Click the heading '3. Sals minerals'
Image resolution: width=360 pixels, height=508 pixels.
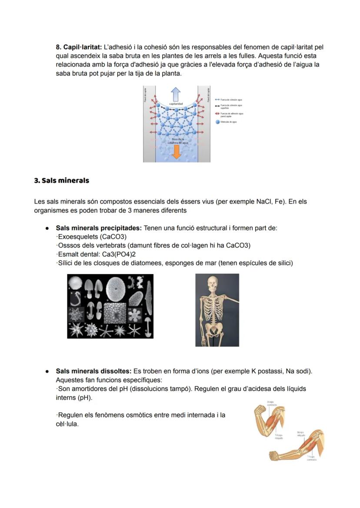[x=61, y=180]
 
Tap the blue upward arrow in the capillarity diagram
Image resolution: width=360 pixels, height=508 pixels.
[x=176, y=94]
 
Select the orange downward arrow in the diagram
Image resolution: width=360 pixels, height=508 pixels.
[x=177, y=151]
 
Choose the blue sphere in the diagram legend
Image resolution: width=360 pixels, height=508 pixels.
[x=217, y=122]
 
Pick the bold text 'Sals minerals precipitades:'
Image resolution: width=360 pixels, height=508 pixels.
[x=99, y=228]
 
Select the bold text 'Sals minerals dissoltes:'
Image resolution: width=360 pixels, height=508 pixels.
[x=93, y=372]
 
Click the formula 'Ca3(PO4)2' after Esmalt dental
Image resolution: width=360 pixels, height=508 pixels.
[x=115, y=254]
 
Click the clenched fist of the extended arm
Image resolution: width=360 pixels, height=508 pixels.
[x=274, y=455]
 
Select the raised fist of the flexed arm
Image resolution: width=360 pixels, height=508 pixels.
[x=260, y=410]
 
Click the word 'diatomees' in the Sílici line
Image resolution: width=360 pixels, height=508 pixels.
[x=145, y=263]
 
